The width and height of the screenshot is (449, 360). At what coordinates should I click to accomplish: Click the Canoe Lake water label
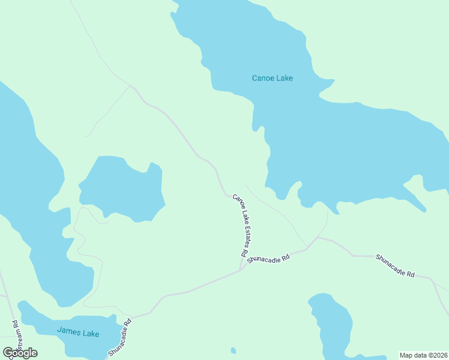[272, 78]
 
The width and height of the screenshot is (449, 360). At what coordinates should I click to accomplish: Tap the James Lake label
[78, 331]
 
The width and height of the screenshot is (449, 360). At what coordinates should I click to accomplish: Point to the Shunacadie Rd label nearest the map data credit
[395, 266]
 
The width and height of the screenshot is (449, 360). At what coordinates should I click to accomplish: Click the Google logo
[20, 353]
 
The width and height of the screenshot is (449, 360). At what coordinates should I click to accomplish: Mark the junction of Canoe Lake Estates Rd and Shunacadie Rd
[241, 268]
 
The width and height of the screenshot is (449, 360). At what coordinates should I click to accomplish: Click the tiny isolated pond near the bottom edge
[233, 350]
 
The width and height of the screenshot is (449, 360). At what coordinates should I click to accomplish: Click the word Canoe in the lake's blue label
[262, 78]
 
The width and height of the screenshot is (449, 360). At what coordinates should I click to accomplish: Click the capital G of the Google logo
[8, 353]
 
